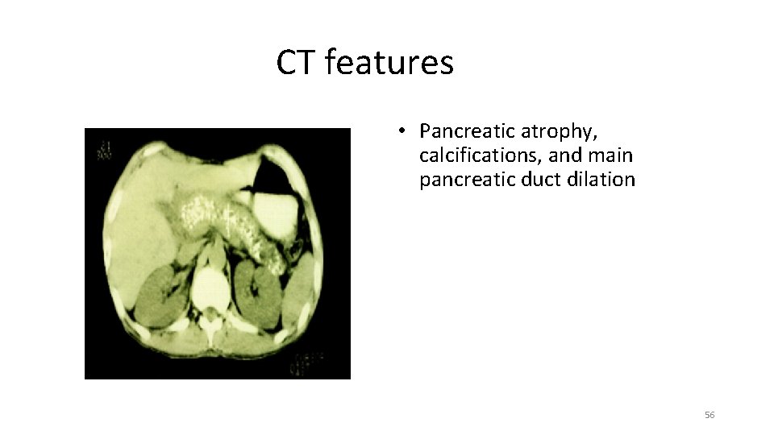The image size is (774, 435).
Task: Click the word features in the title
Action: [x=389, y=63]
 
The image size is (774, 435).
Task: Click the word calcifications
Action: [x=481, y=155]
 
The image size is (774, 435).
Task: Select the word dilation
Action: [x=601, y=179]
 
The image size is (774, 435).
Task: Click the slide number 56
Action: [x=709, y=415]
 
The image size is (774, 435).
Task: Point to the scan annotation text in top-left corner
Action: [x=104, y=150]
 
